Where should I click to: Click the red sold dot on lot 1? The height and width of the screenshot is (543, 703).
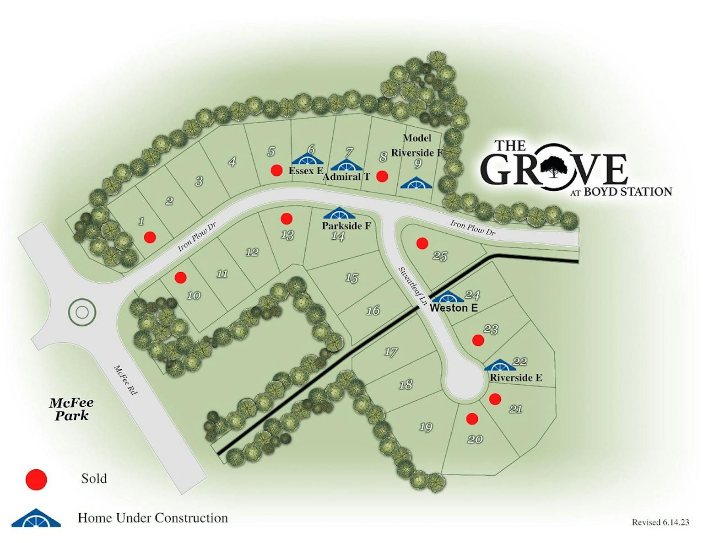coord(150,237)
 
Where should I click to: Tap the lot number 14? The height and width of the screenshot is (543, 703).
coord(338,237)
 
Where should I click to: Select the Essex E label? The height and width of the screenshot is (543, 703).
coord(306,171)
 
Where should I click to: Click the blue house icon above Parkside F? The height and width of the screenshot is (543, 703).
coord(339,214)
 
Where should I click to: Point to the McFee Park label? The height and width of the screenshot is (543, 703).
coord(71,409)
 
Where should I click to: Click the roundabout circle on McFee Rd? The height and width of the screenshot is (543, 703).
coord(82,312)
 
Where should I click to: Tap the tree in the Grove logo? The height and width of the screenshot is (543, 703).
coord(554,166)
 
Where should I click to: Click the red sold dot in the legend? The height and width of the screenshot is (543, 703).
coord(36,480)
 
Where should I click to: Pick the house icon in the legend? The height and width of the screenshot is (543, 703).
coord(36,518)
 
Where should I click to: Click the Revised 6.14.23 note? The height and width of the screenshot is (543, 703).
coord(660,522)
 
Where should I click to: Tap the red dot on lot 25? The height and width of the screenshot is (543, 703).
coord(422,243)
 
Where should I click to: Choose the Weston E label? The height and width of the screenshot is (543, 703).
coord(454,308)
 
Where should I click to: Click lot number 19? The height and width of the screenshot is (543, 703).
coord(426,427)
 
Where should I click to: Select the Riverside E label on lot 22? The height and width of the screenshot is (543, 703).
coord(516,377)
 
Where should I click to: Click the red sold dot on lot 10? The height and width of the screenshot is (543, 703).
coord(181,277)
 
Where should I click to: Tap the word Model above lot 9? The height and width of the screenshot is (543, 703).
coord(417,138)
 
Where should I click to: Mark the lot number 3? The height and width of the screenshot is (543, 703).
coord(199,181)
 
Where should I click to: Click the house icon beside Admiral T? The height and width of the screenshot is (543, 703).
coord(346,165)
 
